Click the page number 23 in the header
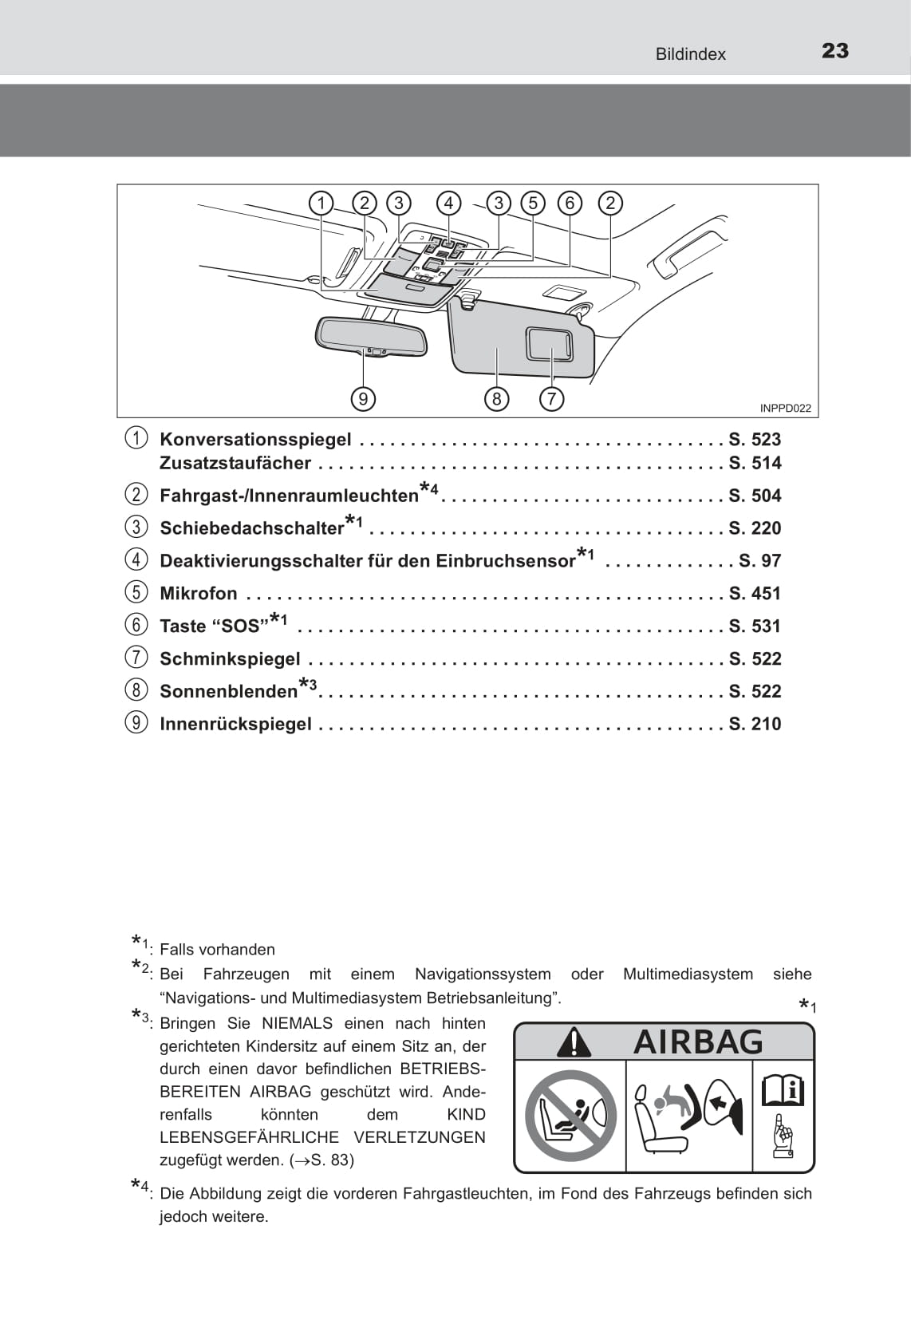click(x=835, y=51)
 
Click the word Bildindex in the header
click(x=690, y=54)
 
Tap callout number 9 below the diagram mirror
click(x=363, y=399)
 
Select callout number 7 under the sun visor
click(x=551, y=399)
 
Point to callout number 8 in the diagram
click(x=496, y=399)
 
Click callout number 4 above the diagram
click(x=449, y=204)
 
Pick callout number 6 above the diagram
click(x=570, y=204)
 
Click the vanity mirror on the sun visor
click(x=550, y=343)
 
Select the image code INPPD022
click(x=785, y=409)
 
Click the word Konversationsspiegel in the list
click(x=255, y=440)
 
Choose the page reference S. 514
click(x=755, y=463)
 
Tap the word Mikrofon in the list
click(x=199, y=594)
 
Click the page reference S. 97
click(x=760, y=561)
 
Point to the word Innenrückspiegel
click(x=235, y=724)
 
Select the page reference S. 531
click(x=755, y=626)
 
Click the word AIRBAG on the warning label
click(x=698, y=1042)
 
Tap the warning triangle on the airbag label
click(x=574, y=1042)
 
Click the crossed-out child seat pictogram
click(x=570, y=1116)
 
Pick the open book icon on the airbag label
click(x=783, y=1091)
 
